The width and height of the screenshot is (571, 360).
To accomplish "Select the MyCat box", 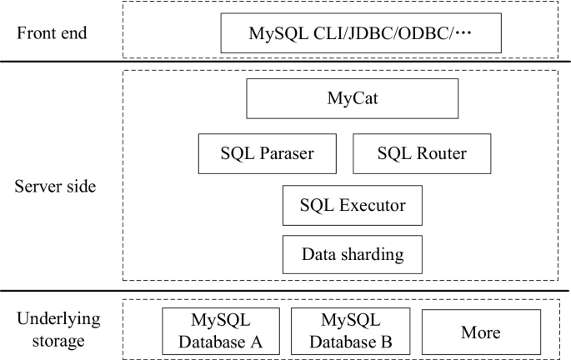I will (x=353, y=99).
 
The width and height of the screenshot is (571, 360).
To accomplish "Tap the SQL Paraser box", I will (x=255, y=153).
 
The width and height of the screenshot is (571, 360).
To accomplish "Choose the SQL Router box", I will (x=422, y=153).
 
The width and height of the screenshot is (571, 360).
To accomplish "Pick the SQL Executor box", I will (x=353, y=205).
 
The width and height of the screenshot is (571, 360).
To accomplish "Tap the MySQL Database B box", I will (x=350, y=332).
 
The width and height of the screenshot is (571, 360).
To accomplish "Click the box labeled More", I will (x=480, y=332).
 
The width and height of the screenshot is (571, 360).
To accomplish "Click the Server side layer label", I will (x=55, y=186).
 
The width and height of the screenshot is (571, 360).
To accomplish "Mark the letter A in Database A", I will (x=258, y=342).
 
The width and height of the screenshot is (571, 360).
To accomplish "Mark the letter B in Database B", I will (x=386, y=342).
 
